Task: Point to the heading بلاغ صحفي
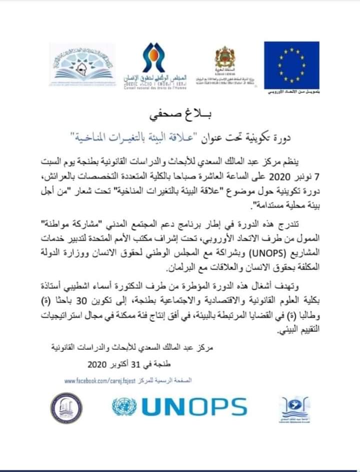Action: [180, 116]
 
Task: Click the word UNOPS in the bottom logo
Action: [194, 406]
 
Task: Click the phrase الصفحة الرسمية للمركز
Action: [168, 381]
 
